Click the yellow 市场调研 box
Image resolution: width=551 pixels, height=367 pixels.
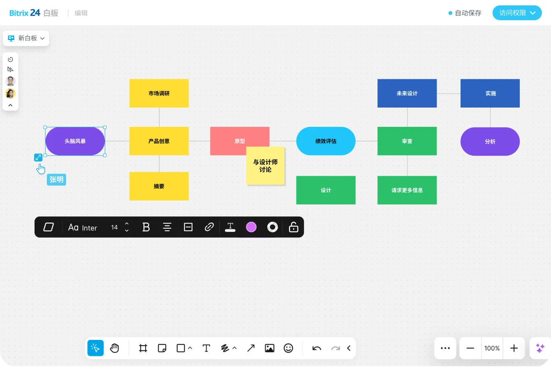(x=159, y=93)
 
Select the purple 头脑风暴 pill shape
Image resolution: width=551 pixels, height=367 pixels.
(x=75, y=141)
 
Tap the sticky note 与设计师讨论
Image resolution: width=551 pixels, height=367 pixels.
(x=265, y=165)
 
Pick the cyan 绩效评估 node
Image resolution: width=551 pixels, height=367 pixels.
(x=326, y=141)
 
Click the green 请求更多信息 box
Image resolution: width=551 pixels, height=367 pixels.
(x=407, y=190)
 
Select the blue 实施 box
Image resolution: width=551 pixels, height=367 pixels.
(x=490, y=93)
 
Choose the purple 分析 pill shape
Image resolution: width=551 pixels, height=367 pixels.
(x=490, y=142)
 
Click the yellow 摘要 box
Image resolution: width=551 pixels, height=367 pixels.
(x=159, y=186)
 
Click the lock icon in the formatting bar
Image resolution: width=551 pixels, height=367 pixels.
(x=294, y=227)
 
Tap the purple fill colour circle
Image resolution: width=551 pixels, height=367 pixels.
(x=251, y=227)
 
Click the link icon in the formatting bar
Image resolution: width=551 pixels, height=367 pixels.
(x=209, y=227)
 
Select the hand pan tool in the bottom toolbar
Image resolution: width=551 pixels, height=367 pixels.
(x=114, y=348)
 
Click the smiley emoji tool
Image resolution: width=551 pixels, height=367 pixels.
(x=288, y=348)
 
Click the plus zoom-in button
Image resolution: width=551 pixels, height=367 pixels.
(x=514, y=348)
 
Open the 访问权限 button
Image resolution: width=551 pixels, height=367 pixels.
(x=517, y=13)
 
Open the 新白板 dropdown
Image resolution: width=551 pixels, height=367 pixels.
(x=26, y=38)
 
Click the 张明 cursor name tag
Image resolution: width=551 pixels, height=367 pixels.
(x=56, y=179)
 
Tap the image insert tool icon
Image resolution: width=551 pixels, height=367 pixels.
(x=270, y=348)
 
